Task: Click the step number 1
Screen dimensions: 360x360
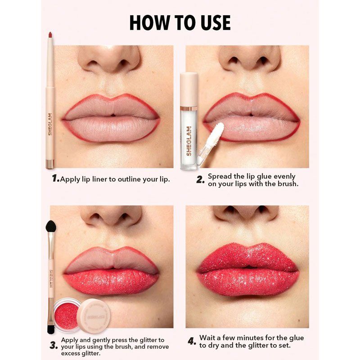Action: coord(55,178)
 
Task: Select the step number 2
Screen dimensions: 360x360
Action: coord(200,180)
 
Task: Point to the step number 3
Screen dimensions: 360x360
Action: coord(54,345)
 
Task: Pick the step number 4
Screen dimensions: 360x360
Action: coord(192,341)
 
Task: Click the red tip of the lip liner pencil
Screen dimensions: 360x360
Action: coord(50,35)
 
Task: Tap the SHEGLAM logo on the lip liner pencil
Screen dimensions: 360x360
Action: coord(50,124)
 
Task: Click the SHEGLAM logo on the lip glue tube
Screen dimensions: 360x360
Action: coord(189,141)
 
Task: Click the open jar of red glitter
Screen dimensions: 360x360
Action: coord(67,315)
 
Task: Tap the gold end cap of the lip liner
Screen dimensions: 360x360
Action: coord(50,164)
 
